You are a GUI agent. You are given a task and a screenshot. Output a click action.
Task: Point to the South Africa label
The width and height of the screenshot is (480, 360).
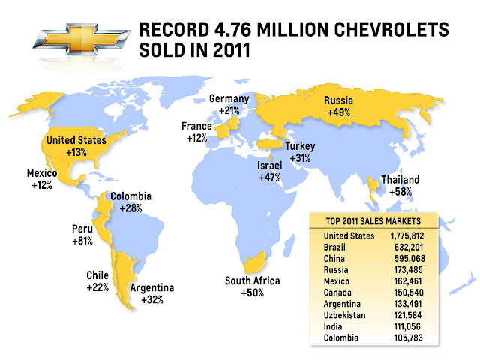click(x=252, y=281)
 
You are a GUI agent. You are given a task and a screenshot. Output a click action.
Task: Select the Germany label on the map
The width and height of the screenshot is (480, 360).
click(x=229, y=99)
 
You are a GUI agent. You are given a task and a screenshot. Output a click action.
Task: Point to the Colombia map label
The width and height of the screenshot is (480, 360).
click(x=131, y=197)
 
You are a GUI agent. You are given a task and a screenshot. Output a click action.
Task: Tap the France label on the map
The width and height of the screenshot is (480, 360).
click(x=196, y=127)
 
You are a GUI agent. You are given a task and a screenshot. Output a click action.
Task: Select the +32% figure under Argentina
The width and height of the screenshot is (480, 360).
click(x=152, y=299)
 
